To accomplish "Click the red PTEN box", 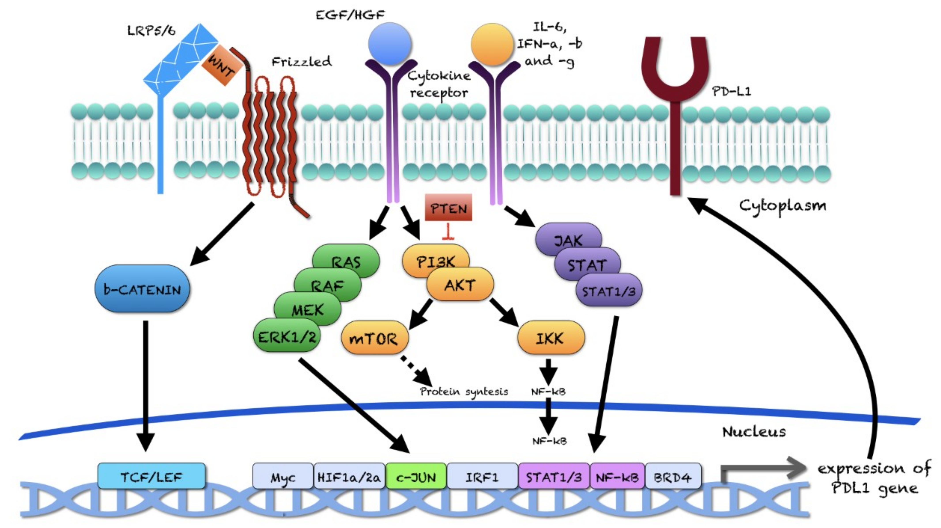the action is tap(448, 207).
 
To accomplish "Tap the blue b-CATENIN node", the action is tap(142, 289).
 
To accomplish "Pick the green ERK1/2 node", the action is tap(287, 336).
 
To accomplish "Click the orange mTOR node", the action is tap(374, 338).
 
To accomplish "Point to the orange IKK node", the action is tap(551, 338).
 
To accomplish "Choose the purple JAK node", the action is tap(568, 239).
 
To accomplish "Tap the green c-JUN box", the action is tap(416, 476).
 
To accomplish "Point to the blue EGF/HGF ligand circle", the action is tap(390, 44).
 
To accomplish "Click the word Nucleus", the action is tap(754, 432).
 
